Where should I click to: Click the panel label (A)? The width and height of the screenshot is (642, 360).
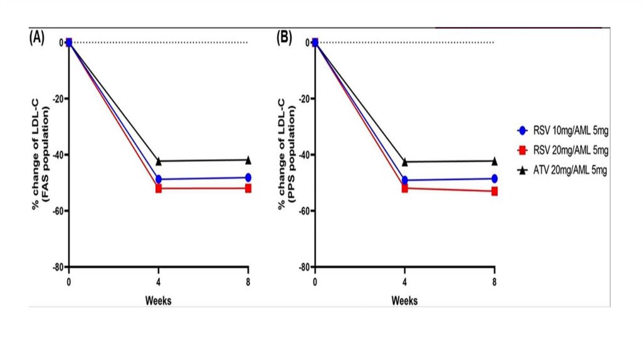coord(36,38)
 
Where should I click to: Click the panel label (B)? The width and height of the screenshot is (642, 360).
coord(284,38)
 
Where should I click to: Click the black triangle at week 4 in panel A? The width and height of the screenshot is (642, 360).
coord(159,161)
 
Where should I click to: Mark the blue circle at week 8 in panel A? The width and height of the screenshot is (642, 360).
coord(248,177)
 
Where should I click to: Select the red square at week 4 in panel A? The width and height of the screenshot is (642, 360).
coord(159,188)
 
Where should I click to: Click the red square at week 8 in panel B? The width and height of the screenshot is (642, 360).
coord(495,191)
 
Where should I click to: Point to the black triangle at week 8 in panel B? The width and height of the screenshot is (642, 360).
coord(495,161)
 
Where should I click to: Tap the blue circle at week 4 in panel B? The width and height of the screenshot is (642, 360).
coord(405,180)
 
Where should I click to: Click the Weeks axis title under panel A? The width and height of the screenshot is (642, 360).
coord(159,300)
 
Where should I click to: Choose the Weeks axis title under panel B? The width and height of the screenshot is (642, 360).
coord(405,300)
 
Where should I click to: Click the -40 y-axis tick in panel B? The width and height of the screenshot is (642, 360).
coord(304,154)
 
